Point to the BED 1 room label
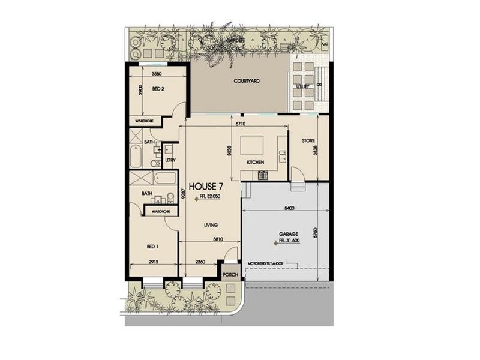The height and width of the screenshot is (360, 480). pyautogui.click(x=152, y=246)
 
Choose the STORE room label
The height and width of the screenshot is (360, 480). pyautogui.click(x=308, y=141)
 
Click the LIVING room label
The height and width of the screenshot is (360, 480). pyautogui.click(x=210, y=226)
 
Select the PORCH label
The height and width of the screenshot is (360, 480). pyautogui.click(x=230, y=275)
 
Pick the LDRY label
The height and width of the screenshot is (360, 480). pyautogui.click(x=170, y=160)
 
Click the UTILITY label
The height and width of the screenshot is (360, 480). pyautogui.click(x=303, y=86)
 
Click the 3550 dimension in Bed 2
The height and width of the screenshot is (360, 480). pyautogui.click(x=157, y=74)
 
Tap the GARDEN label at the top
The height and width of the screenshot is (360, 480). pyautogui.click(x=235, y=40)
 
